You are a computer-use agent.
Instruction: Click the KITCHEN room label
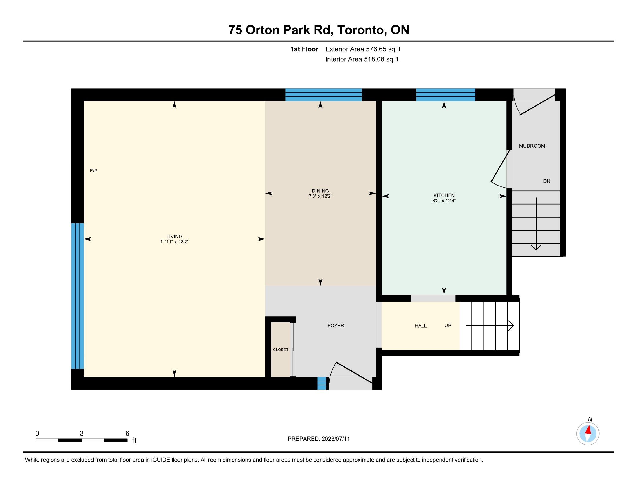click(444, 195)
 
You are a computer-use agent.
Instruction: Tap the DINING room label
click(320, 191)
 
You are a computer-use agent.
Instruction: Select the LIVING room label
click(174, 237)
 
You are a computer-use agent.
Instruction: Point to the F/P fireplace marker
click(94, 171)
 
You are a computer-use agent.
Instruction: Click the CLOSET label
click(281, 350)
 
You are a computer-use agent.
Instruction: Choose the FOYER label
click(336, 326)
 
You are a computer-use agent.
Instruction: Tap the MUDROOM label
click(532, 146)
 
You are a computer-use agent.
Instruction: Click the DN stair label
click(547, 181)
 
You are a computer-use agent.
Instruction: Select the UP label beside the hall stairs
click(448, 326)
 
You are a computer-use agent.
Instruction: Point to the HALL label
click(421, 326)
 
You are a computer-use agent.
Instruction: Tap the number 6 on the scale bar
click(127, 434)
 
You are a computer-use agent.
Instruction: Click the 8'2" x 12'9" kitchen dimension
click(444, 201)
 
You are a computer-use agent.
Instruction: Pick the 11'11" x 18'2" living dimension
click(174, 242)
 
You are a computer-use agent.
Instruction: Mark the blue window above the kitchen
click(446, 95)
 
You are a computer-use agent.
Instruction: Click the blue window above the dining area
click(323, 95)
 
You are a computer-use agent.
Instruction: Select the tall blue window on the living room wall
click(78, 296)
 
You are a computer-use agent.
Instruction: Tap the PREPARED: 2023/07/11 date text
click(318, 439)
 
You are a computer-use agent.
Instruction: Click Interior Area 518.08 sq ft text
click(362, 59)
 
